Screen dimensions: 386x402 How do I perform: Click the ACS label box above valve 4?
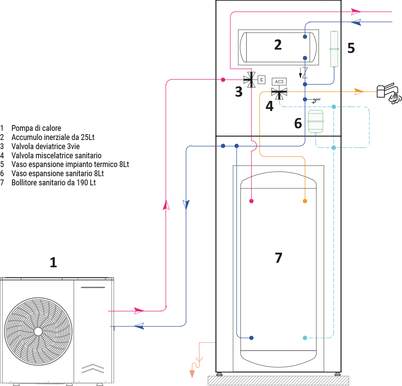coord(279,82)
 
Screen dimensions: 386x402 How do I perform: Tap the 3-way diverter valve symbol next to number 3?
coord(251,79)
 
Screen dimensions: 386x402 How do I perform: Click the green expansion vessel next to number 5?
coord(334,49)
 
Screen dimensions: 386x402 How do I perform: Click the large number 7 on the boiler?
coord(278,258)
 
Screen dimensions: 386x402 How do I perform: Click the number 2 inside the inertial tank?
coord(278,45)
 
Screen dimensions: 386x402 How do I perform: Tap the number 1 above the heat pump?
coord(53,262)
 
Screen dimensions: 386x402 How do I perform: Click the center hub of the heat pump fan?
coord(38,331)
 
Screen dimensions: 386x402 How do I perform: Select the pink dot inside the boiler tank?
coord(251,201)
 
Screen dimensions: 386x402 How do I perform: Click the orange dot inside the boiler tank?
coord(305,201)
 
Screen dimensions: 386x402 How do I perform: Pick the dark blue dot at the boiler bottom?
coord(251,338)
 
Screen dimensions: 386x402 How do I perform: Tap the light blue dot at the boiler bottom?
coord(305,338)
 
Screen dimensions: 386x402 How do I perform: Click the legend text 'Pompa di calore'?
coord(36,128)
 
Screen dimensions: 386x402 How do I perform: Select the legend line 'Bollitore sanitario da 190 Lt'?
coord(53,182)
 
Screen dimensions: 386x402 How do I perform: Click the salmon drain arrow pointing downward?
coord(191,374)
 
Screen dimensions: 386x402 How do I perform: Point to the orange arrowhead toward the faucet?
coord(359,92)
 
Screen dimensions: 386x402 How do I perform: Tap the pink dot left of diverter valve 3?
coord(223,79)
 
